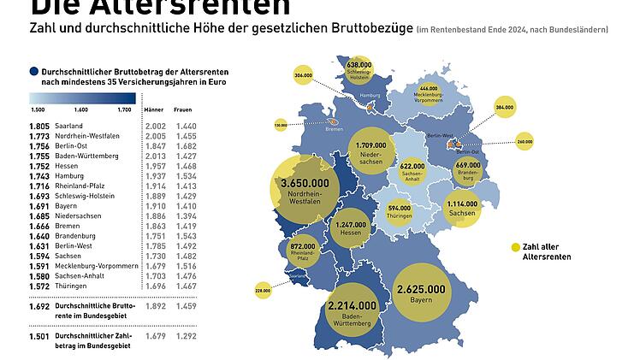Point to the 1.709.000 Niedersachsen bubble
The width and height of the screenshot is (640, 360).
tap(370, 150)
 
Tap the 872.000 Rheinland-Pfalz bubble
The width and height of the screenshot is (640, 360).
tap(303, 251)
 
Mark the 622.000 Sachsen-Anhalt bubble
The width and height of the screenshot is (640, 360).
tap(412, 170)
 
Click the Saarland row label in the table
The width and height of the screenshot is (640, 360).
tap(68, 126)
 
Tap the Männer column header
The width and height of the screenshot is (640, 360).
tap(154, 110)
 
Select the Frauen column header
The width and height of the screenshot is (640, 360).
tap(183, 110)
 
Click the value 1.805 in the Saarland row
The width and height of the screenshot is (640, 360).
tap(39, 126)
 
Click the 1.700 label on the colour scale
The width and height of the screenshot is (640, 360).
tap(124, 110)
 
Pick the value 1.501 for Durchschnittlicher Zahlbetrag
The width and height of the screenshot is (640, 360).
tap(39, 336)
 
